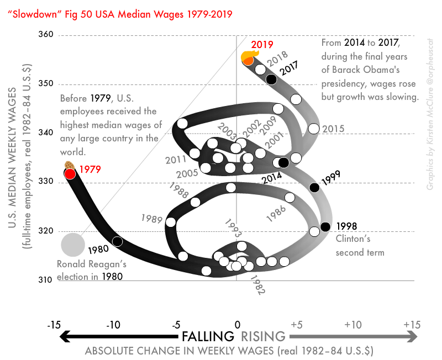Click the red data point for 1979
point(70,173)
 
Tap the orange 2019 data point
point(249,59)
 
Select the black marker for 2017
point(271,79)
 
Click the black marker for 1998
point(325,226)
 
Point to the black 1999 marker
point(314,187)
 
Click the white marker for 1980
point(117,241)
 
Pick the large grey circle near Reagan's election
point(72,245)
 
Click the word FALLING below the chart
point(208,336)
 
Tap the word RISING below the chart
point(263,336)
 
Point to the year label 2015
point(333,129)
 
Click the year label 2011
point(176,160)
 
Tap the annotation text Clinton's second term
point(360,246)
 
